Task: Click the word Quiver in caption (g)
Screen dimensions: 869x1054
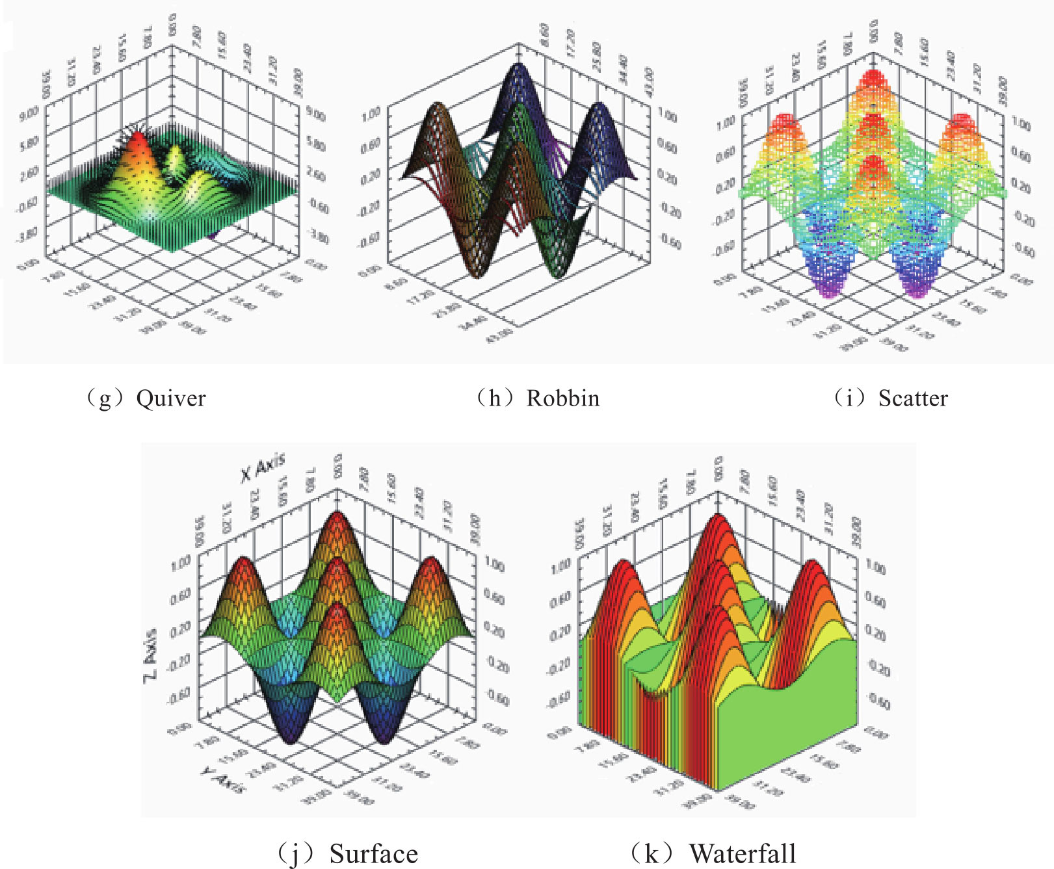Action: pos(171,398)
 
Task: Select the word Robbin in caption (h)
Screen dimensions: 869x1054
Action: pos(563,398)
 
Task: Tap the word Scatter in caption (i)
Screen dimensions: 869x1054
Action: pos(913,398)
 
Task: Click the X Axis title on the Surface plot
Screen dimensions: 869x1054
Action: pos(263,468)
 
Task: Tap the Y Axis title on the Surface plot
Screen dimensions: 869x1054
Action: pos(223,779)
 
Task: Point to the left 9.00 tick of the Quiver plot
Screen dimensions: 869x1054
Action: pos(29,115)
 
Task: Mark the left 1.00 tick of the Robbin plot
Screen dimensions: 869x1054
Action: pos(371,114)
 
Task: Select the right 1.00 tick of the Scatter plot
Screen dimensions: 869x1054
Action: pos(1021,124)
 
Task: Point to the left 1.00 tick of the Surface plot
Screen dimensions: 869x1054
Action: pos(180,563)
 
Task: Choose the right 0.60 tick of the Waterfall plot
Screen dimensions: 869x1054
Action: pos(876,601)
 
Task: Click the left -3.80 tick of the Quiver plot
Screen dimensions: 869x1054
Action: pos(27,233)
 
